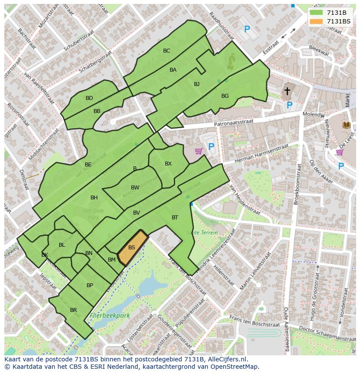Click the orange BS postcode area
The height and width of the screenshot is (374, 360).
coord(132,248)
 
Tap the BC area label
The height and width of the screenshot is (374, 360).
coord(167,51)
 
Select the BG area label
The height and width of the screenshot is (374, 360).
coord(225,96)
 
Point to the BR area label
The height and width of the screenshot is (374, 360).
coord(73,310)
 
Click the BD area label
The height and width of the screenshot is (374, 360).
coord(89,98)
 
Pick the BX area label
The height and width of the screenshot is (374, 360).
coord(168,164)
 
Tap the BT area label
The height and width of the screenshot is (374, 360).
coord(175,218)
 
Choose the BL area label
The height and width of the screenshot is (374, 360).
coord(62,245)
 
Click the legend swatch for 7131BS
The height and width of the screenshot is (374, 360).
coord(317,21)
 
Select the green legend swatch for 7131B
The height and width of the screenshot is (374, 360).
coord(317,13)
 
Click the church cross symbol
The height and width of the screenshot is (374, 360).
coord(287,91)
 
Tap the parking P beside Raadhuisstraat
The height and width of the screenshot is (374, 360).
coord(247,30)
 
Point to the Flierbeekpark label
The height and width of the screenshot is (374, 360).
coord(110,316)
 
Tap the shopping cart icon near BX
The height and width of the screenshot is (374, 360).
coord(199,151)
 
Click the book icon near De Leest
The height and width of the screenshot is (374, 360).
coord(346,125)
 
